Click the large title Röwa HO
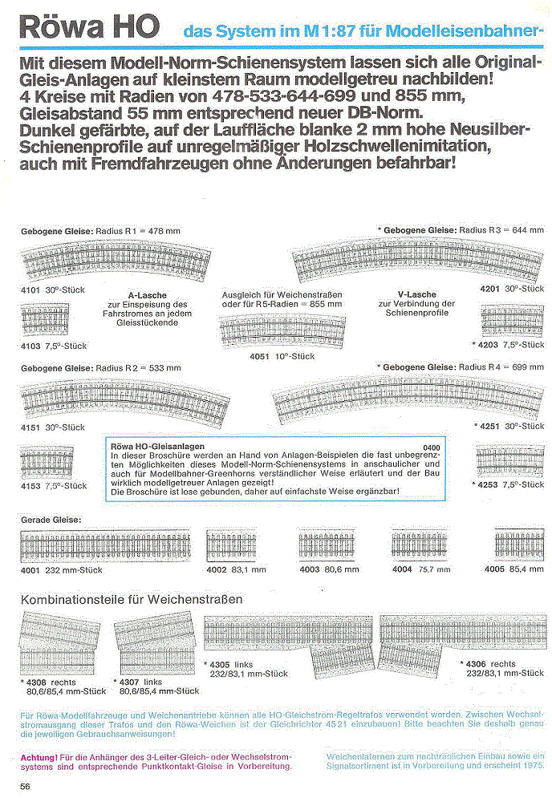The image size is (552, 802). pyautogui.click(x=92, y=28)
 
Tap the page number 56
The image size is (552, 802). pyautogui.click(x=26, y=786)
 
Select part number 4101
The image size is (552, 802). pyautogui.click(x=30, y=289)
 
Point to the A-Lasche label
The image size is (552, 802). pyautogui.click(x=147, y=295)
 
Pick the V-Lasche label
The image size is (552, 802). pyautogui.click(x=416, y=294)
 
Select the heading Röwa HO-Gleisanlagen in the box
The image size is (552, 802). pyautogui.click(x=155, y=445)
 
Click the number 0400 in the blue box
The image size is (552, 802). pyautogui.click(x=432, y=445)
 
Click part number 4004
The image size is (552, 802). pyautogui.click(x=402, y=569)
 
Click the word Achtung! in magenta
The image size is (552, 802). pyautogui.click(x=38, y=756)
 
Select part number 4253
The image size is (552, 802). pyautogui.click(x=489, y=485)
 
